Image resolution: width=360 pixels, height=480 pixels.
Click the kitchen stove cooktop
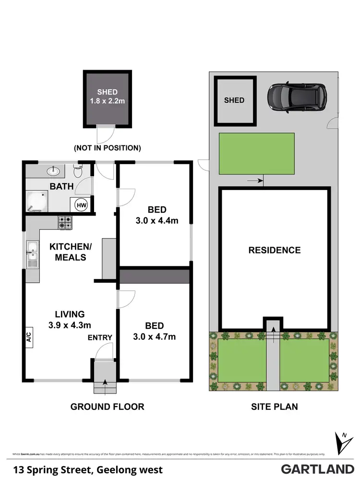pos(65,222)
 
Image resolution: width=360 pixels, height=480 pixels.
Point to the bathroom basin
pos(53,170)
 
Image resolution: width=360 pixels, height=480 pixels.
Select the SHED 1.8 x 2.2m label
pos(107,96)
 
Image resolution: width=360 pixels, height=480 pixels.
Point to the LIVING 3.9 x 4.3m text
pos(69,319)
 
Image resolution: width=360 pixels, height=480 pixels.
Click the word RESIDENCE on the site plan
pos(274,250)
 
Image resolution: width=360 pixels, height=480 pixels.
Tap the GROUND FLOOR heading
pos(107,407)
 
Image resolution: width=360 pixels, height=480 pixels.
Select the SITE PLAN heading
pos(274,407)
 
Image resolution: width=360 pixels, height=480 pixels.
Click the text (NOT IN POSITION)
pos(107,148)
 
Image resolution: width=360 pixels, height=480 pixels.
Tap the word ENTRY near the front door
pos(100,337)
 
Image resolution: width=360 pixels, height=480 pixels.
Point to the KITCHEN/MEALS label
pos(68,252)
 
